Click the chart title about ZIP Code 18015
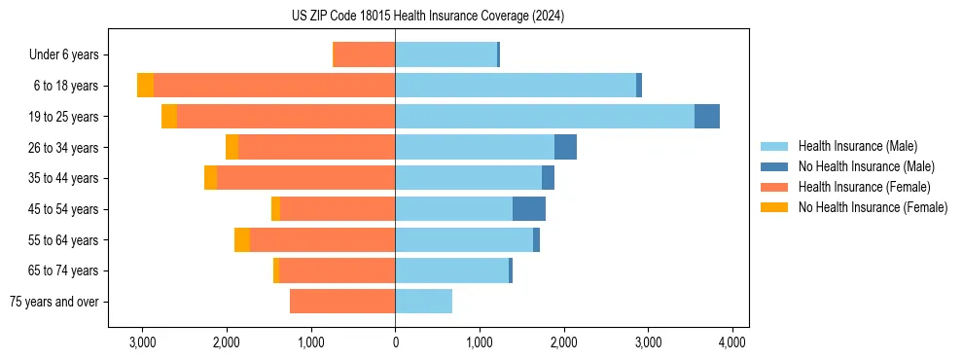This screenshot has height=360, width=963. point(428,17)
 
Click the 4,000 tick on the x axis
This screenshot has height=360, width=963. point(731,342)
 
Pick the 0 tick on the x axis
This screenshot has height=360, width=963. point(395,342)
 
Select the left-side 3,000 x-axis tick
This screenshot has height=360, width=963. point(142,342)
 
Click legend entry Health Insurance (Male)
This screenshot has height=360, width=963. point(857,146)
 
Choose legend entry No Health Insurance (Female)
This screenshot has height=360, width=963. point(873,207)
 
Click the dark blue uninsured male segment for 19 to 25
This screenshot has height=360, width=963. point(707,117)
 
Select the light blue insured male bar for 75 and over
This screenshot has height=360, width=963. point(423,302)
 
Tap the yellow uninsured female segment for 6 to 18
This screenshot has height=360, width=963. point(145,86)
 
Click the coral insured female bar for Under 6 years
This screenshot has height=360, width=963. point(364,54)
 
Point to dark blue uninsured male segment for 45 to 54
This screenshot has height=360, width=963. point(529,209)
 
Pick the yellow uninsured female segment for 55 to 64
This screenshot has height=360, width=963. point(242,240)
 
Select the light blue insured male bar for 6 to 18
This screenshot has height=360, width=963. point(516,86)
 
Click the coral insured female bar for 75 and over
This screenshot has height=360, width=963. point(342,302)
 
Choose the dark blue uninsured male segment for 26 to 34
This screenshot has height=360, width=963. point(565,147)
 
